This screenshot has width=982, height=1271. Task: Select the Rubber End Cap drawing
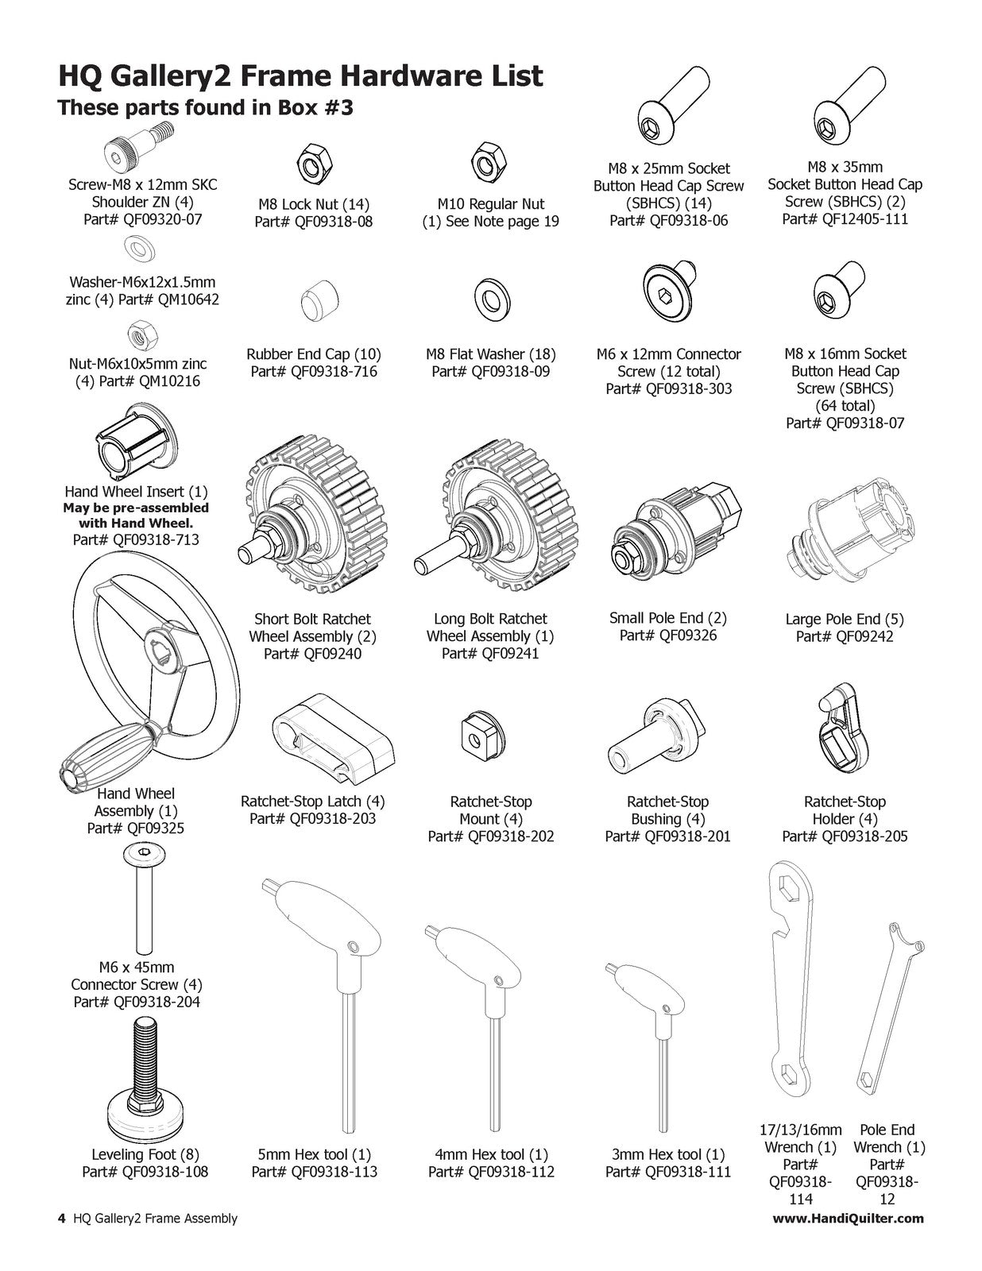click(x=320, y=299)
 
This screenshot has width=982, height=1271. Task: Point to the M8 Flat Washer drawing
click(x=492, y=299)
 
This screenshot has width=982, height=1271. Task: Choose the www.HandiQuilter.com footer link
click(x=848, y=1219)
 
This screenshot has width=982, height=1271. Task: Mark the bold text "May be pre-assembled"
click(x=136, y=507)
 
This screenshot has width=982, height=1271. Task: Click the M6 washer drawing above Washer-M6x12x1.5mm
click(x=139, y=249)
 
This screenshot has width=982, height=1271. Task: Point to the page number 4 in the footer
click(x=62, y=1219)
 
